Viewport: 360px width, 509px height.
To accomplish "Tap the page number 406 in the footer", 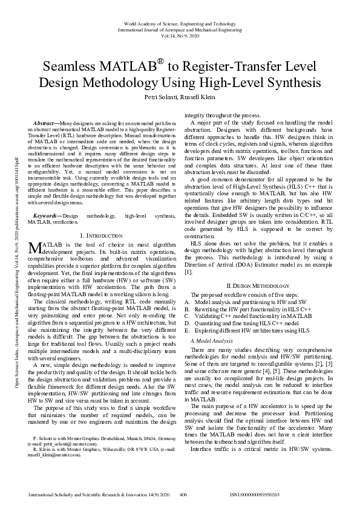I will point(183,494).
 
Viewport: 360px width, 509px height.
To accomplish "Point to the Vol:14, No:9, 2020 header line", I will point(180,36).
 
